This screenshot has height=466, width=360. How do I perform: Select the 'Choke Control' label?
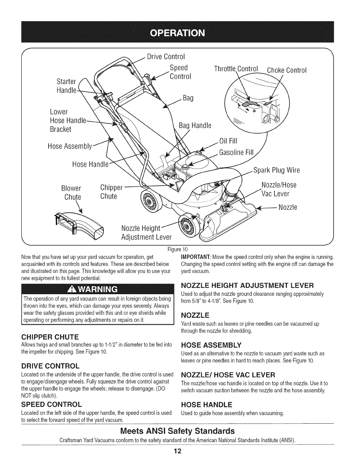coord(286,70)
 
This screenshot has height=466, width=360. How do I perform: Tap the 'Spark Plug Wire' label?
coord(276,171)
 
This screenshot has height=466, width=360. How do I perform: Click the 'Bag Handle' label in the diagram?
coord(195,126)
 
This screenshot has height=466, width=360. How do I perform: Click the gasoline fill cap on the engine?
coord(185,167)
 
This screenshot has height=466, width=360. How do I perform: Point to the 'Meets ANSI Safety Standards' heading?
coord(178,431)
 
